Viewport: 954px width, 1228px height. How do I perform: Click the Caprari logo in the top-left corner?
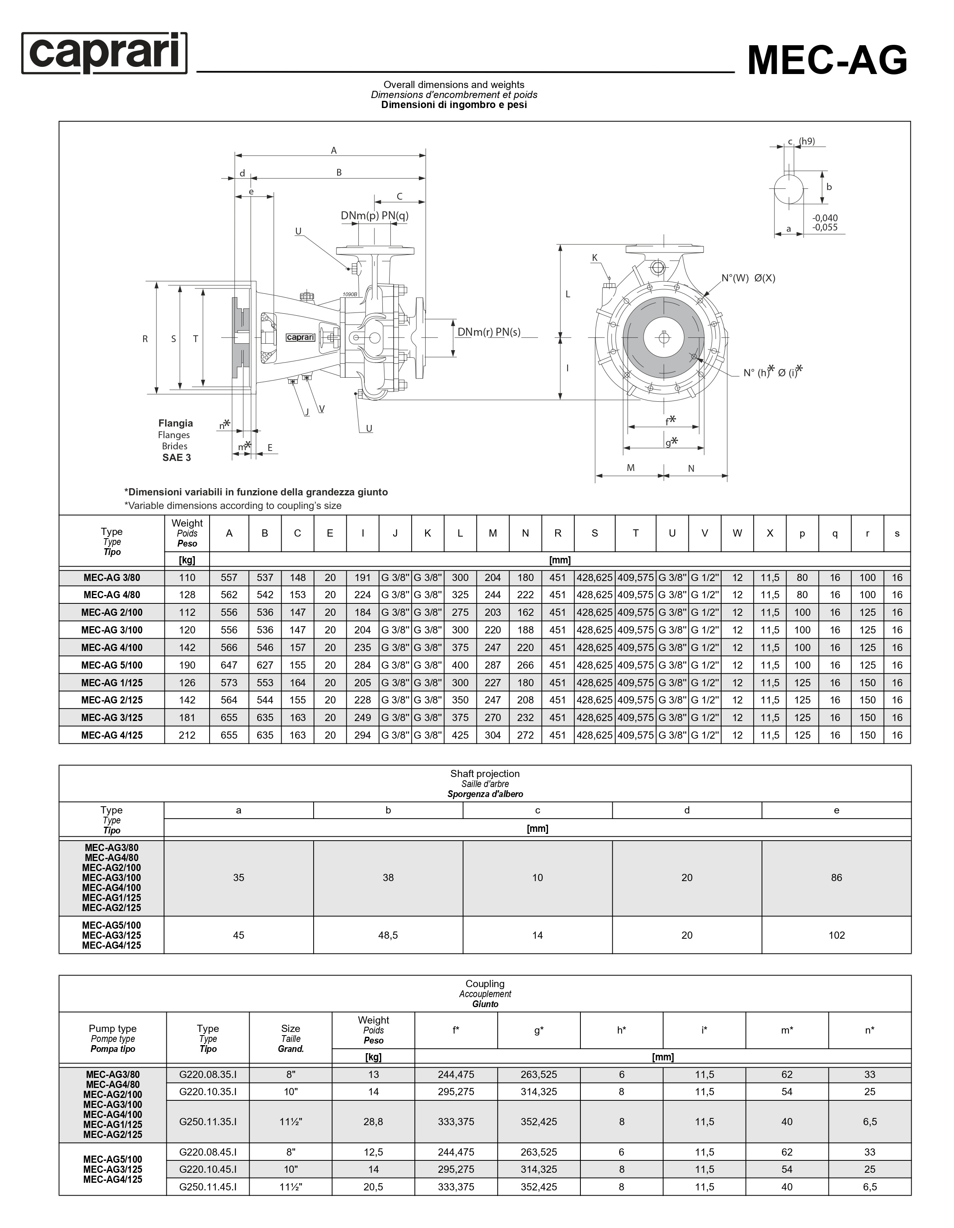coord(104,53)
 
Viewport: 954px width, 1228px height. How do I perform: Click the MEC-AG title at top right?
coord(827,60)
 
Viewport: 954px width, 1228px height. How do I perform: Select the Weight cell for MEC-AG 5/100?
coord(187,665)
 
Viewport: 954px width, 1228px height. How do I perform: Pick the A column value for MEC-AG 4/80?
coord(229,595)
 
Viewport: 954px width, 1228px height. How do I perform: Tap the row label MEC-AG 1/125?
coord(112,683)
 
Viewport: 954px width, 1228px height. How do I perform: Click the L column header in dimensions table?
coord(460,533)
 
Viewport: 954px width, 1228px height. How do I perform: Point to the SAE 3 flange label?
coord(176,458)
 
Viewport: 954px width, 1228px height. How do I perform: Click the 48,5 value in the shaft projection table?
coord(388,935)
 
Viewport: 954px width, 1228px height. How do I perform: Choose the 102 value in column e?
coord(836,935)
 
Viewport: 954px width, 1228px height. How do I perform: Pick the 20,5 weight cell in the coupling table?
coord(373,1187)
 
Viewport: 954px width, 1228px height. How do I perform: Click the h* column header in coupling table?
coord(621,1030)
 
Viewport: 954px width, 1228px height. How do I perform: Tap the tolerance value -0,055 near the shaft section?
coord(825,228)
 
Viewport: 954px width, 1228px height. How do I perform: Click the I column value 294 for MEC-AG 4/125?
coord(362,735)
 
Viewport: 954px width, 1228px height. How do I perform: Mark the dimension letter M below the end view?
coord(631,468)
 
